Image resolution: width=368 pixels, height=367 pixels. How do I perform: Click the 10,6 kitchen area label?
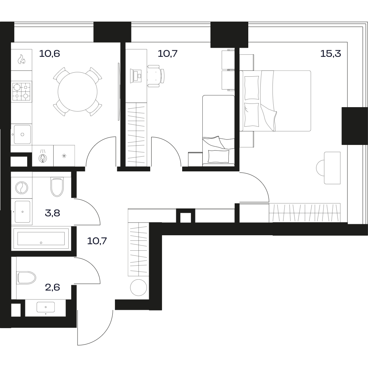click(x=50, y=54)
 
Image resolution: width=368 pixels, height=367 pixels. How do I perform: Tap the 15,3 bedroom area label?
click(x=331, y=54)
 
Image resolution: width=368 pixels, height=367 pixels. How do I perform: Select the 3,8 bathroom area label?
click(x=53, y=213)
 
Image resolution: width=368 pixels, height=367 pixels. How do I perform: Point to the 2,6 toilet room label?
click(x=53, y=287)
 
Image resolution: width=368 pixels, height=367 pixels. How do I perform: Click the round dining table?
click(x=77, y=92)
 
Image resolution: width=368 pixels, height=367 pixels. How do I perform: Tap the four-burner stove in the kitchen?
click(x=22, y=91)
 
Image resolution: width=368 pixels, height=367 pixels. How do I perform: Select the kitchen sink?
click(x=22, y=134)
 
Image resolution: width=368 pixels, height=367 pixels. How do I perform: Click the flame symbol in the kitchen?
click(x=21, y=59)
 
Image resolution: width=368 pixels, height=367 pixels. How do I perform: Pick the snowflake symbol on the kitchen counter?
click(x=64, y=156)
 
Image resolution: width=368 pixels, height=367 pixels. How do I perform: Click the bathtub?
click(x=41, y=239)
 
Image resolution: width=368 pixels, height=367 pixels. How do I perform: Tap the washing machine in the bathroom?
click(x=22, y=188)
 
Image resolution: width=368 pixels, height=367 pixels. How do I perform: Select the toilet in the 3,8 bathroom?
click(x=57, y=187)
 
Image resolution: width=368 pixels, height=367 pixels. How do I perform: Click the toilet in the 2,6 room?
click(x=26, y=278)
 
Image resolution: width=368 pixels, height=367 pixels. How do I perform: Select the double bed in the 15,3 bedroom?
click(x=275, y=101)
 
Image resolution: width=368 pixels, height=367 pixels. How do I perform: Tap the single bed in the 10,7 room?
click(x=219, y=131)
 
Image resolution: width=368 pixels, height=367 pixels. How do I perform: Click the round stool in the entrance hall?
click(x=138, y=287)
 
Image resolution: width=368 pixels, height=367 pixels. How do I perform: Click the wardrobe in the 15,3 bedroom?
click(x=304, y=213)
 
